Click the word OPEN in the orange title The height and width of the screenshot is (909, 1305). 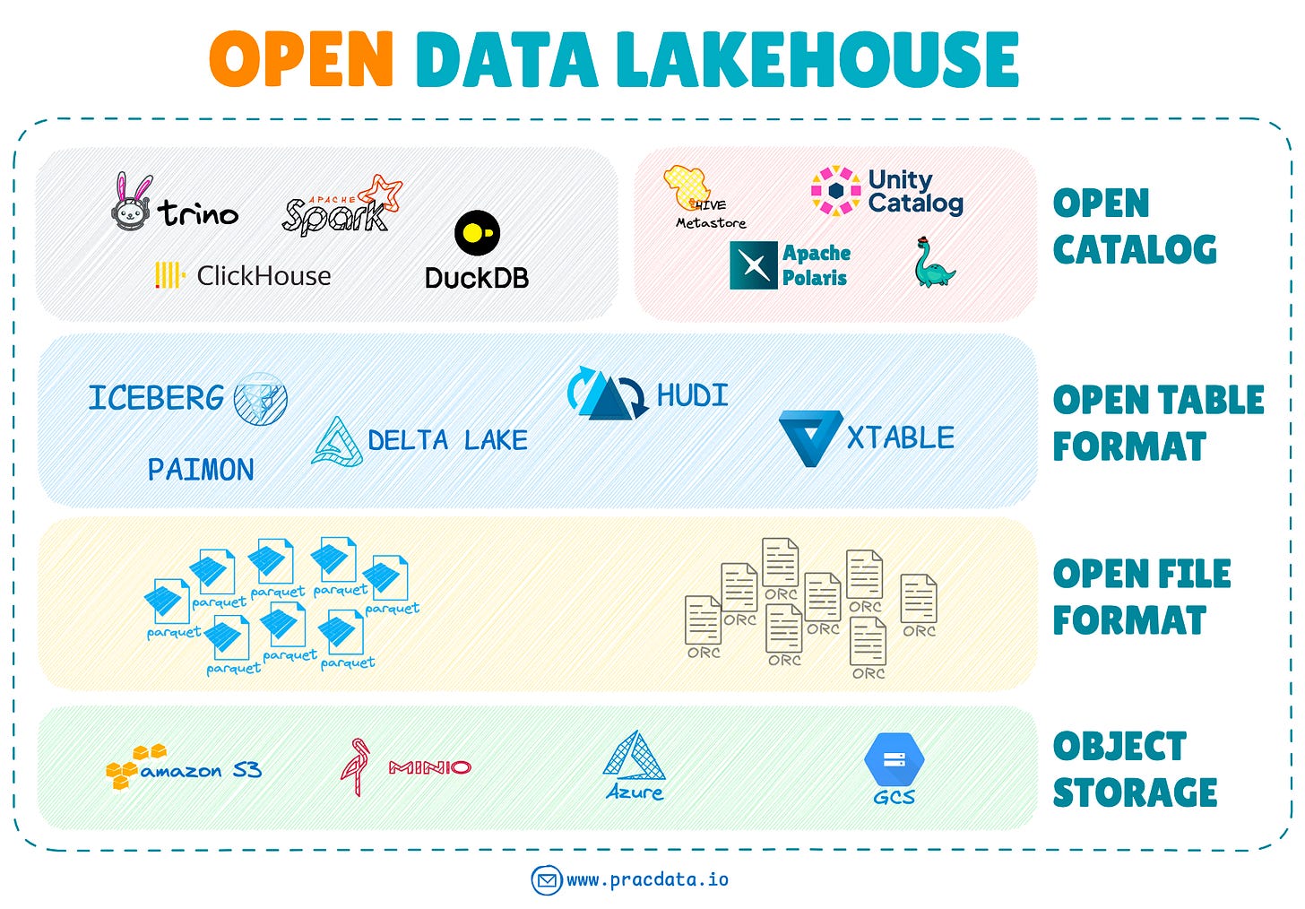coord(301,59)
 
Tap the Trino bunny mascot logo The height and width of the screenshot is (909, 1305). coord(132,203)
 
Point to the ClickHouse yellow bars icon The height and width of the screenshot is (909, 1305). coord(169,275)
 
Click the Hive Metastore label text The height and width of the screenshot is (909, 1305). coord(711,222)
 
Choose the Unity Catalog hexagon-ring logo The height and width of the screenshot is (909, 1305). coord(835,191)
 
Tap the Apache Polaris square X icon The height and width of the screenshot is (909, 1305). coord(753,265)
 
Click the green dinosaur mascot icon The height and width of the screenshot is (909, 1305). coord(933,264)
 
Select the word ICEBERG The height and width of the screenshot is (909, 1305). coord(156,398)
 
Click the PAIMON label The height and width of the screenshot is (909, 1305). coord(201,470)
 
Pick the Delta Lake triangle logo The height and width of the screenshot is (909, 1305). coord(337,442)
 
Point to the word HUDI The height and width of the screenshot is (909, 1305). coord(692,395)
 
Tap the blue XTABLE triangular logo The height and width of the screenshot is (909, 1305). coord(809,437)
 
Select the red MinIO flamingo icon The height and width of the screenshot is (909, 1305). coord(356,766)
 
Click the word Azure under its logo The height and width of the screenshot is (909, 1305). coord(635,792)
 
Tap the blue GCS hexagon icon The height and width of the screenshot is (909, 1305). coord(894,759)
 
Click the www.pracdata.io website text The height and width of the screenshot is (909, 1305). coord(647,880)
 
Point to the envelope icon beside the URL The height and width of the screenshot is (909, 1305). coord(546,880)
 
